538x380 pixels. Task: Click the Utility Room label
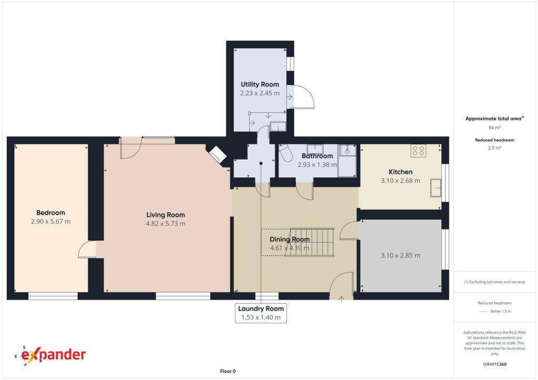[x=260, y=85]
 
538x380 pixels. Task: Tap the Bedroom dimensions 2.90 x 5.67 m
[x=51, y=221]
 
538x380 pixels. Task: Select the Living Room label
[x=165, y=215]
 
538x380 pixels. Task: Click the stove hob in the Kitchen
[x=418, y=151]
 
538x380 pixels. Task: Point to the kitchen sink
[x=436, y=188]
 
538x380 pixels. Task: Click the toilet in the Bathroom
[x=285, y=153]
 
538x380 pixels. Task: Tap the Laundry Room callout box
[x=261, y=313]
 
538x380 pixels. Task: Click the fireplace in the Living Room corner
[x=218, y=154]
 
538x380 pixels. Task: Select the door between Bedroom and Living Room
[x=87, y=249]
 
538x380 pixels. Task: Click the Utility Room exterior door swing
[x=301, y=97]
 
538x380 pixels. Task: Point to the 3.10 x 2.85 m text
[x=400, y=255]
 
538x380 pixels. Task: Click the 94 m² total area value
[x=494, y=128]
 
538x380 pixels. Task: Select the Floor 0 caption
[x=228, y=371]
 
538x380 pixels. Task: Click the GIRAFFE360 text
[x=494, y=364]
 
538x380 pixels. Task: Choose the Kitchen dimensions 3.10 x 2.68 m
[x=400, y=181]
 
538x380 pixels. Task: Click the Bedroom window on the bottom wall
[x=53, y=296]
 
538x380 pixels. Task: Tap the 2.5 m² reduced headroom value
[x=494, y=147]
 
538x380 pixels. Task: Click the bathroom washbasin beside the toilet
[x=315, y=149]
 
